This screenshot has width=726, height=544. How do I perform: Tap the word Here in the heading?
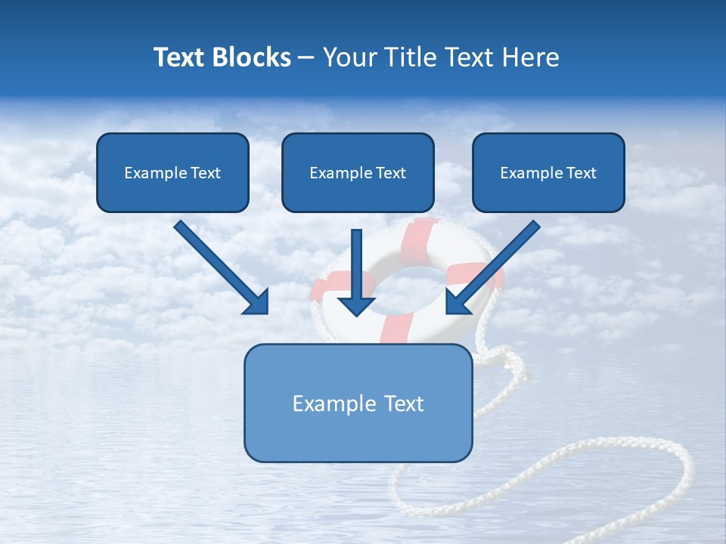coord(532,57)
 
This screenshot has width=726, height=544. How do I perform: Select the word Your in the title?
coord(348,57)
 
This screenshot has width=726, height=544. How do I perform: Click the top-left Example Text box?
coord(172,172)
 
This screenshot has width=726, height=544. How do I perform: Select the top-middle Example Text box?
coord(358,172)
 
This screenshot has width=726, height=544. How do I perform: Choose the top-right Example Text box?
coord(548,172)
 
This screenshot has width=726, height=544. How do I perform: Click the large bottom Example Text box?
coord(358,403)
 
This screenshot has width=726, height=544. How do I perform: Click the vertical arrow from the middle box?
coord(357,264)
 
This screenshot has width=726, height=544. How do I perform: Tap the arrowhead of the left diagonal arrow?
coord(257,302)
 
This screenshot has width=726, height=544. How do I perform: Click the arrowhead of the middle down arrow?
coord(357,304)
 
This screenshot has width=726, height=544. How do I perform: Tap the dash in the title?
coord(307,57)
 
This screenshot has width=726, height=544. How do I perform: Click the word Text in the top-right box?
coord(581,173)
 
